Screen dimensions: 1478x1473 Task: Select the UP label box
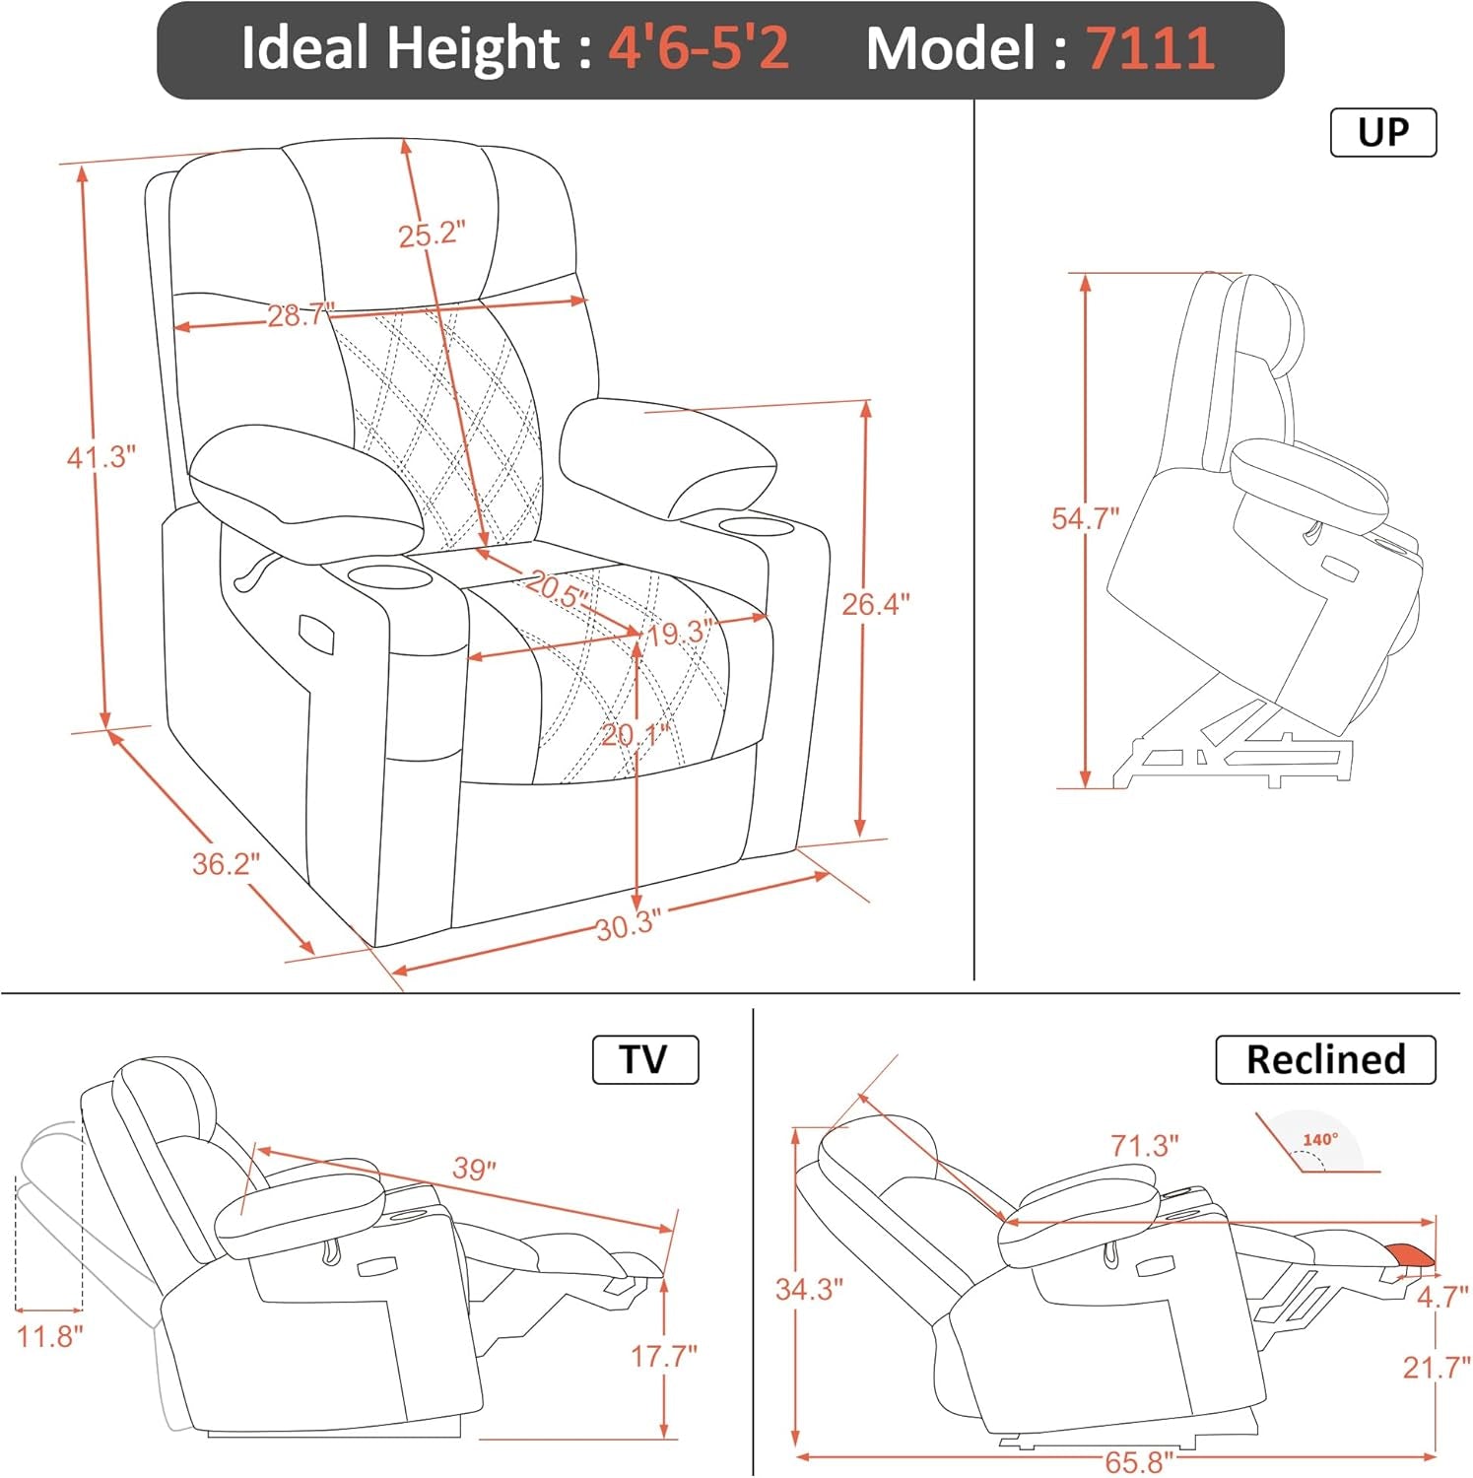tap(1383, 132)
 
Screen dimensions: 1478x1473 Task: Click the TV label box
tap(644, 1059)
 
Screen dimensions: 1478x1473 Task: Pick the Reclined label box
tap(1324, 1059)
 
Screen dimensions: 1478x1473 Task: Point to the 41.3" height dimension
tap(100, 457)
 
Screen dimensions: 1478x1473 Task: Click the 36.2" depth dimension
tap(226, 864)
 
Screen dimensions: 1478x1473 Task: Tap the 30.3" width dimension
tap(628, 925)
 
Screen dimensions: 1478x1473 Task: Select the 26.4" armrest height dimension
tap(875, 604)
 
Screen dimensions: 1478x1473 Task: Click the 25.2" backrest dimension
tap(432, 235)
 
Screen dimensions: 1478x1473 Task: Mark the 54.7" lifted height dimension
tap(1085, 518)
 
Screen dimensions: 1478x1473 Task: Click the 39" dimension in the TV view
tap(474, 1169)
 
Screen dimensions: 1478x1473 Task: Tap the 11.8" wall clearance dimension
tap(49, 1337)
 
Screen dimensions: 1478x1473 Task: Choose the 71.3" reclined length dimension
tap(1145, 1146)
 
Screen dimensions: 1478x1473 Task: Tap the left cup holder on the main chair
tap(391, 574)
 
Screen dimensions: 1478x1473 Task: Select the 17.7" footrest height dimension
tap(664, 1357)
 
